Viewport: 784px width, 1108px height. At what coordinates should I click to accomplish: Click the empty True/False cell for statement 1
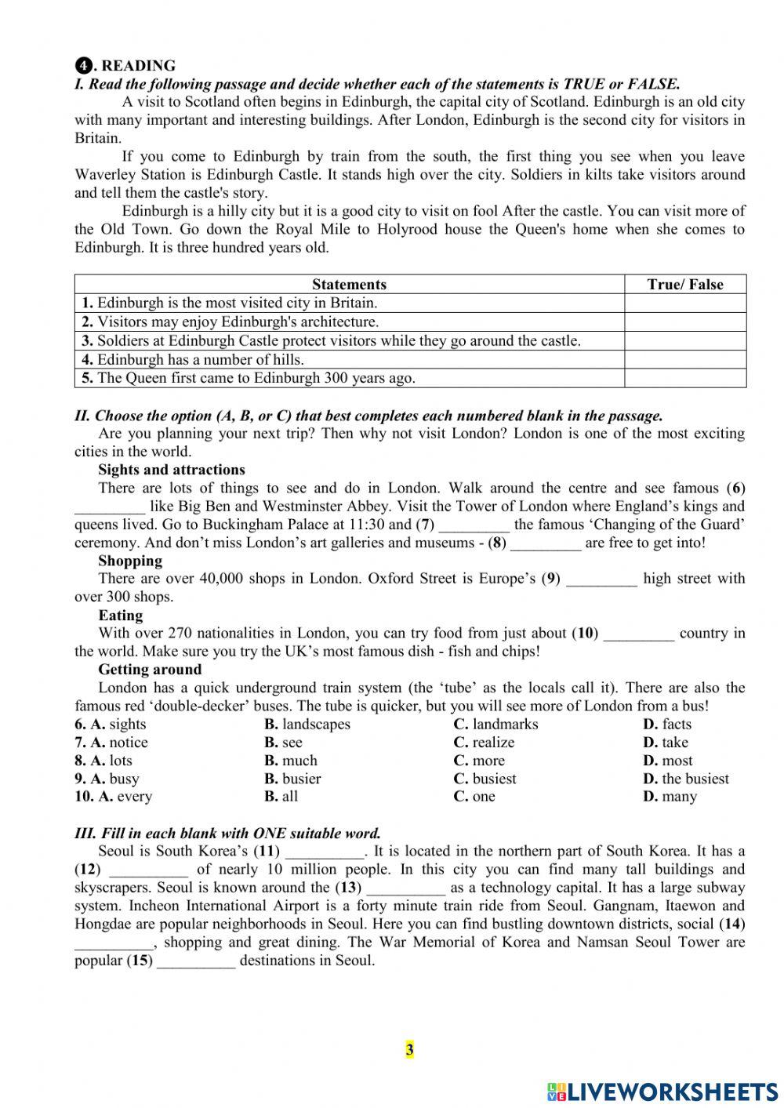point(684,303)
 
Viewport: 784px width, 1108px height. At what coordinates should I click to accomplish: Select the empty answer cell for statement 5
point(684,378)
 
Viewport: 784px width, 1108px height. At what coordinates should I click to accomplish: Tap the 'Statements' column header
point(349,284)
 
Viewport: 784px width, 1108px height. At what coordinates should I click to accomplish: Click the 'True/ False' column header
point(684,284)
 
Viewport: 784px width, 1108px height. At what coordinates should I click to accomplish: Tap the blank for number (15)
point(196,962)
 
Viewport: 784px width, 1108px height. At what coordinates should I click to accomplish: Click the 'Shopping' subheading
point(130,561)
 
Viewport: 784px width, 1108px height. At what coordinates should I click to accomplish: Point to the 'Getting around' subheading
point(150,670)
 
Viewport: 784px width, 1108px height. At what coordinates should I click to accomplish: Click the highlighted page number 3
point(409,1049)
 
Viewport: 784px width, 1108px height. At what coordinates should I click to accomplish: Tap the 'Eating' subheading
point(120,616)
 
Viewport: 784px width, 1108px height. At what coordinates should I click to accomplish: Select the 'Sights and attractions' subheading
point(171,470)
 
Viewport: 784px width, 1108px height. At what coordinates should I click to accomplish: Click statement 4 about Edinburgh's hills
point(192,360)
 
